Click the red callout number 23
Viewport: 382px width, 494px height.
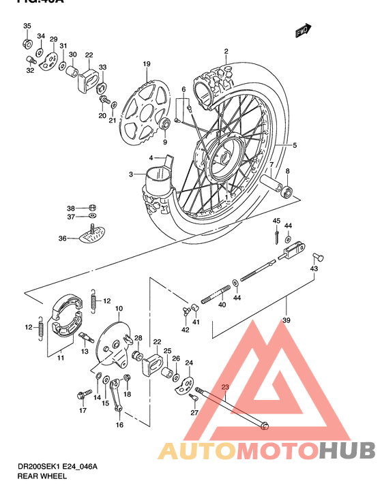tap(226, 388)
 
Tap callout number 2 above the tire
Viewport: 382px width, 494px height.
tap(226, 52)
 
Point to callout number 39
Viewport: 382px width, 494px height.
tap(286, 321)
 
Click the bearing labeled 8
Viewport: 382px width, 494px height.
tap(289, 190)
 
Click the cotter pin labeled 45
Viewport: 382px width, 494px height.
tap(276, 235)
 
